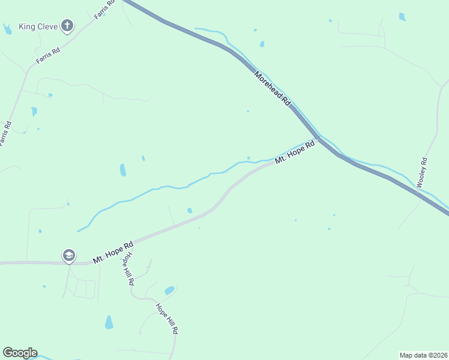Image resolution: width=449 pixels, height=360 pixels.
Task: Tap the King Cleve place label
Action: (37, 26)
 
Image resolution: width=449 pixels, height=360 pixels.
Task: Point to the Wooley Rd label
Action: (423, 172)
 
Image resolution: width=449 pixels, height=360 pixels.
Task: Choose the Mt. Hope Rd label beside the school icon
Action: (113, 253)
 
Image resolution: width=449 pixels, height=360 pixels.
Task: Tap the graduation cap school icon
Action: (68, 256)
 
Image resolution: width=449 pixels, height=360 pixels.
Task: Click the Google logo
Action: (20, 353)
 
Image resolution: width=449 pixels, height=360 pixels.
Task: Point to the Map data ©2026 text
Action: (423, 355)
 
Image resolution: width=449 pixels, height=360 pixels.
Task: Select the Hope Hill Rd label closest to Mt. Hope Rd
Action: (127, 269)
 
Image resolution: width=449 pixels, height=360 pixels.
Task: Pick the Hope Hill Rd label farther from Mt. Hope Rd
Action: (167, 319)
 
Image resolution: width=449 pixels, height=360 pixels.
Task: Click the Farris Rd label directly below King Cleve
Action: (48, 56)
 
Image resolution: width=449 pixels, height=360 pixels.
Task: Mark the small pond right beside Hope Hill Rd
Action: (169, 291)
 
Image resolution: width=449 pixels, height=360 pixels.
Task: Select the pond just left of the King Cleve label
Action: (7, 28)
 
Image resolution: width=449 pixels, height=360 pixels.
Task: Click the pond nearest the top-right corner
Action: (402, 17)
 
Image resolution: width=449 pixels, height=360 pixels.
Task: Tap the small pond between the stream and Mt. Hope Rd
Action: (190, 210)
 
